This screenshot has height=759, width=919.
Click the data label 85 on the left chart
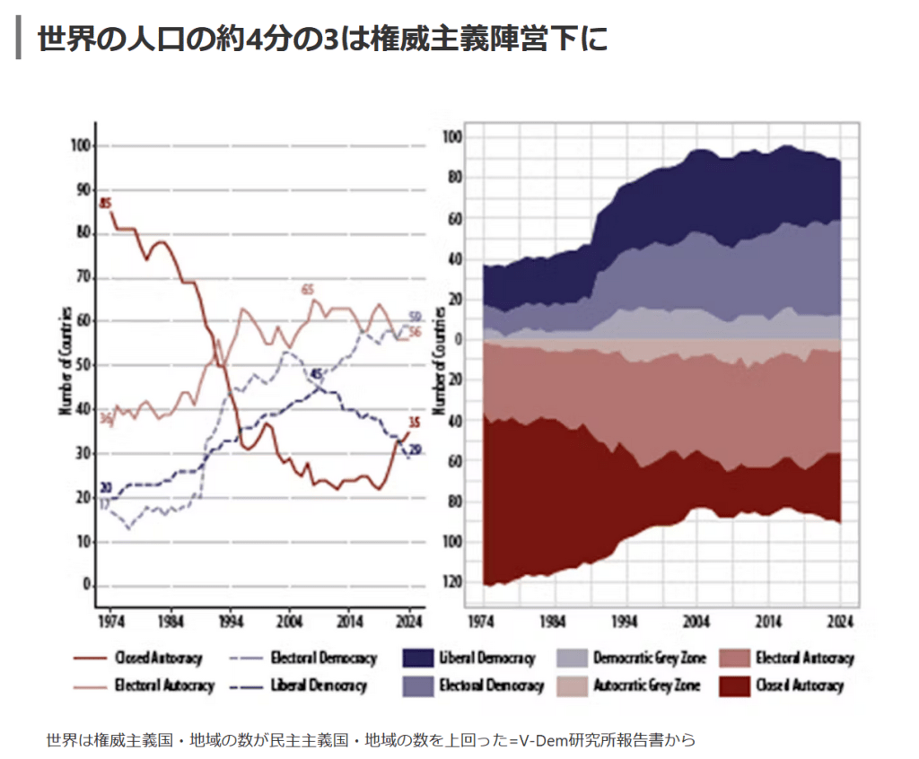tap(105, 202)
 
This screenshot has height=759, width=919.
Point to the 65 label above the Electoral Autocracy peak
tap(308, 289)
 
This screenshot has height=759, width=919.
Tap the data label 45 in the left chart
tap(316, 373)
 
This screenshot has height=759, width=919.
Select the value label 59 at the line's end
tap(416, 317)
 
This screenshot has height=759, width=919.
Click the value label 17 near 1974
tap(104, 505)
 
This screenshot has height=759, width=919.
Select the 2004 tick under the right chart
tap(696, 621)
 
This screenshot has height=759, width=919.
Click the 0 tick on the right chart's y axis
tap(458, 339)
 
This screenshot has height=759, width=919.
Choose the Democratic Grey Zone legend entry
tap(649, 659)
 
